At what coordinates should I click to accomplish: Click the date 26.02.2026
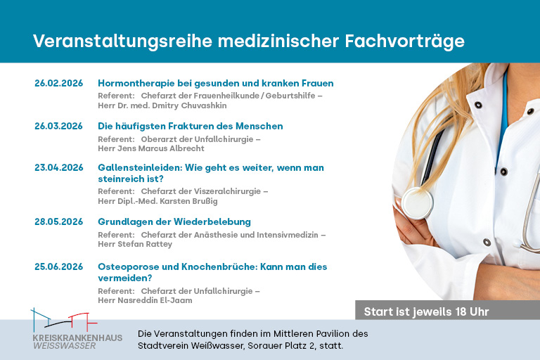pyautogui.click(x=58, y=83)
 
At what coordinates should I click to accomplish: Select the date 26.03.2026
pyautogui.click(x=58, y=126)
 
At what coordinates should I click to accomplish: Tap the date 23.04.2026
pyautogui.click(x=58, y=167)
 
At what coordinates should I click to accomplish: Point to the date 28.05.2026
pyautogui.click(x=58, y=221)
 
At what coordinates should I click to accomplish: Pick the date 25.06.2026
pyautogui.click(x=58, y=266)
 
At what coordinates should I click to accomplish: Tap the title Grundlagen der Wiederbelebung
pyautogui.click(x=174, y=221)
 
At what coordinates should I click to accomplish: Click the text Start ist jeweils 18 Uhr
pyautogui.click(x=426, y=311)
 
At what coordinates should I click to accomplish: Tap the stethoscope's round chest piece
pyautogui.click(x=416, y=203)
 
